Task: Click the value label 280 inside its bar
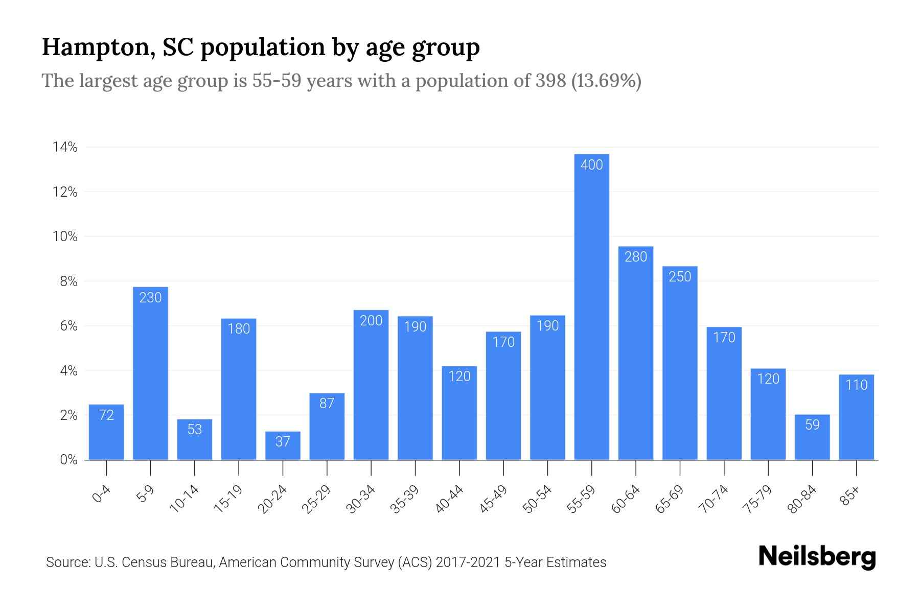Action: tap(636, 257)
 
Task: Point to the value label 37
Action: tap(283, 441)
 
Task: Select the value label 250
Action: tap(680, 277)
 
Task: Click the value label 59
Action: tap(812, 425)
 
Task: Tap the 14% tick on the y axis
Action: tap(65, 148)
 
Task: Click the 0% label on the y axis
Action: tap(68, 460)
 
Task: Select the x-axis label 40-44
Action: tap(450, 499)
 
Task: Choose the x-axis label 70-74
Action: tap(715, 499)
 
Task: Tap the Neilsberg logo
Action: tap(817, 557)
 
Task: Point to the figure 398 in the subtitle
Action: tap(550, 81)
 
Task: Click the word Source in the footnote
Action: tap(67, 562)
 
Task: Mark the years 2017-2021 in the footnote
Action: tap(468, 562)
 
